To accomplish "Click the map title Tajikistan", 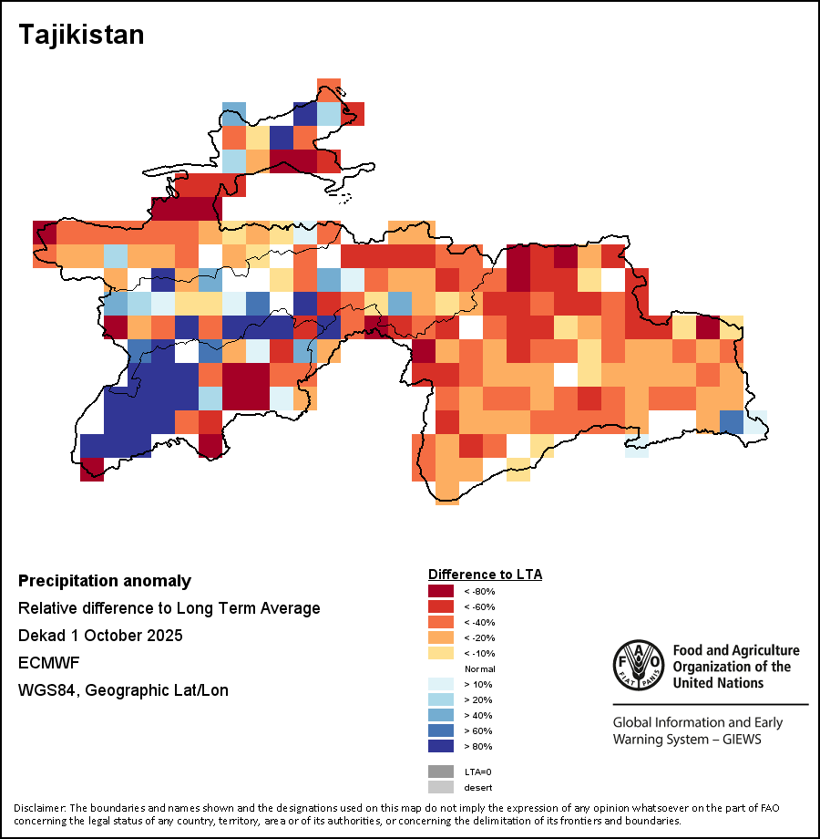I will [x=81, y=36].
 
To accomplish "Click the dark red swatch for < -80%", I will [x=440, y=591].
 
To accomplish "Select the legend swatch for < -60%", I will [x=440, y=606].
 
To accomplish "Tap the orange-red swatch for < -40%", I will [x=440, y=622].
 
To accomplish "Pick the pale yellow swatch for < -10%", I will [x=440, y=653].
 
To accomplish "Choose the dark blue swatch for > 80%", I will [x=440, y=746].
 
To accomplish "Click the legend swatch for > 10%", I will [x=440, y=684].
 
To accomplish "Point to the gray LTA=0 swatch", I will [x=440, y=772].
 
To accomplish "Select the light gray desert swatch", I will [x=440, y=787].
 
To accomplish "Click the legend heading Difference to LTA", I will [x=485, y=575].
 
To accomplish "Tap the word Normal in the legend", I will [x=479, y=668].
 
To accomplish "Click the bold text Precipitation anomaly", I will [x=105, y=581].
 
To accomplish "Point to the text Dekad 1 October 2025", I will [x=100, y=636].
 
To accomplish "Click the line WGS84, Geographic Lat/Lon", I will [x=123, y=690].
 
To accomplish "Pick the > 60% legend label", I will [x=478, y=730].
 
